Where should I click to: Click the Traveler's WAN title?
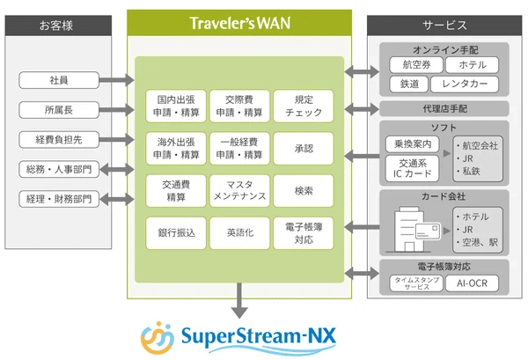239,24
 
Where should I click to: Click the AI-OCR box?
478,283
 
